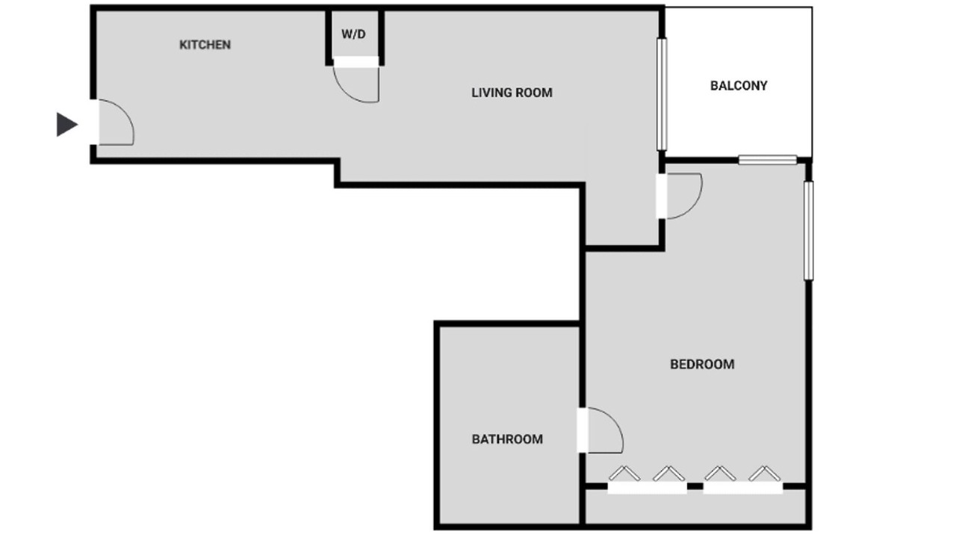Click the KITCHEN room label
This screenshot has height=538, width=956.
[205, 44]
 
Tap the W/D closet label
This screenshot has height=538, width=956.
[353, 34]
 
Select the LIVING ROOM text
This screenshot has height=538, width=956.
[512, 93]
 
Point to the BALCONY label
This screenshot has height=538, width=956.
[739, 86]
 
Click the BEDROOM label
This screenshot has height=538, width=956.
[702, 364]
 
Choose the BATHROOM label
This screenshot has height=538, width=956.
[507, 439]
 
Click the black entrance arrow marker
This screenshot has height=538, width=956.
[67, 124]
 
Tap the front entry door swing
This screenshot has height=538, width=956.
[126, 113]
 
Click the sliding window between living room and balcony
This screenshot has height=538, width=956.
[662, 94]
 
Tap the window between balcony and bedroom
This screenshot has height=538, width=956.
[767, 160]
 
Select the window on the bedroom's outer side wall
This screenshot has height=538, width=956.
[808, 231]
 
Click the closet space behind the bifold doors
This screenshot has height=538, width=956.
[695, 508]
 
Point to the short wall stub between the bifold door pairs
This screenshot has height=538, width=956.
[695, 486]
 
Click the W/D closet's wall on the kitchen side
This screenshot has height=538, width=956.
[329, 38]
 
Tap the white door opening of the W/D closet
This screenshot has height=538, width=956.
[356, 62]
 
